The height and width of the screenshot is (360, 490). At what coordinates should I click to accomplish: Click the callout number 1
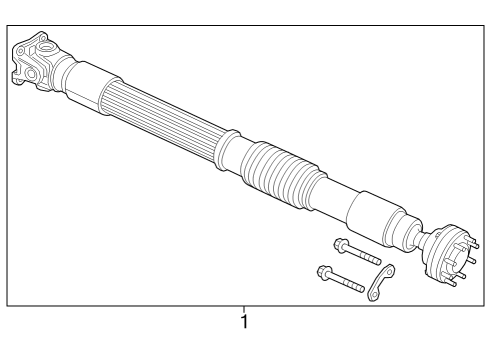point(243,323)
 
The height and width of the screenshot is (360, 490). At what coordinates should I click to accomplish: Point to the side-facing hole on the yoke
point(29,73)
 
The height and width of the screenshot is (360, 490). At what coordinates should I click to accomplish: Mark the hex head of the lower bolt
point(322,269)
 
